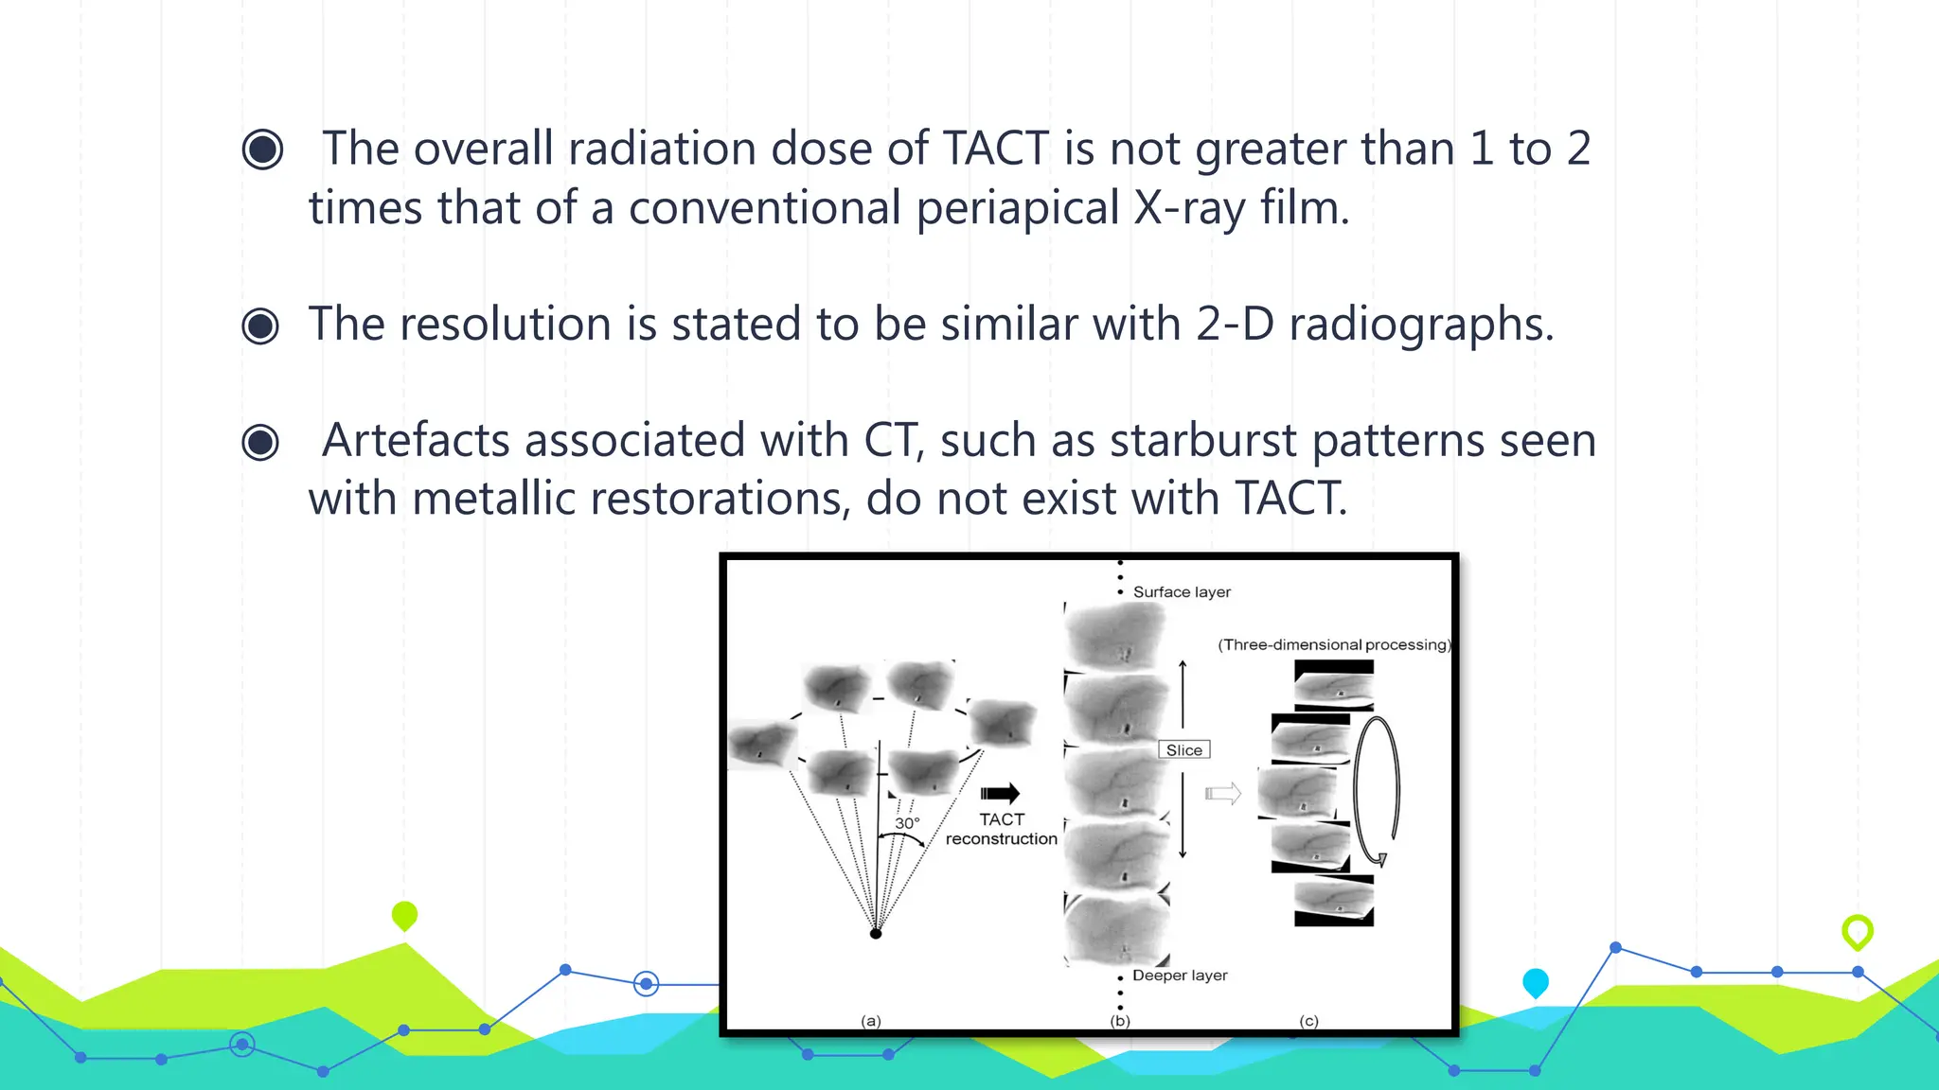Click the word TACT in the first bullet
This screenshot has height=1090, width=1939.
point(995,149)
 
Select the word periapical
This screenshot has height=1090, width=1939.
point(1018,208)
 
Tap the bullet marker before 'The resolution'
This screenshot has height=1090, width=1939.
point(260,326)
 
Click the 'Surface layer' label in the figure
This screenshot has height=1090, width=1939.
point(1182,592)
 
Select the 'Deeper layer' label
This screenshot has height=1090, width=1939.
point(1180,976)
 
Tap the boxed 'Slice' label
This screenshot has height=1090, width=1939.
point(1183,750)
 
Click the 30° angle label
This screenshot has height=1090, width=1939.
point(907,823)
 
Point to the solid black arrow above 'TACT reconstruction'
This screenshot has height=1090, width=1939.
point(1000,794)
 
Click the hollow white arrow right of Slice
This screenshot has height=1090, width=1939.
point(1222,794)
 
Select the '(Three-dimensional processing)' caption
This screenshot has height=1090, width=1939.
point(1334,645)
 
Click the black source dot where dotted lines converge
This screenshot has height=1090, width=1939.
point(876,934)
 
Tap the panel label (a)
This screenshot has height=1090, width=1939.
point(871,1021)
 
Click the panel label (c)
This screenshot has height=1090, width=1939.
point(1308,1021)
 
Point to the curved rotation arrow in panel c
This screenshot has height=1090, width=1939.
point(1377,791)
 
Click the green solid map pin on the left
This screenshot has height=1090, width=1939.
point(404,915)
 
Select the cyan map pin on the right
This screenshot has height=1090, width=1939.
point(1535,982)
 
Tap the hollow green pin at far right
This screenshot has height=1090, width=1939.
point(1858,931)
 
